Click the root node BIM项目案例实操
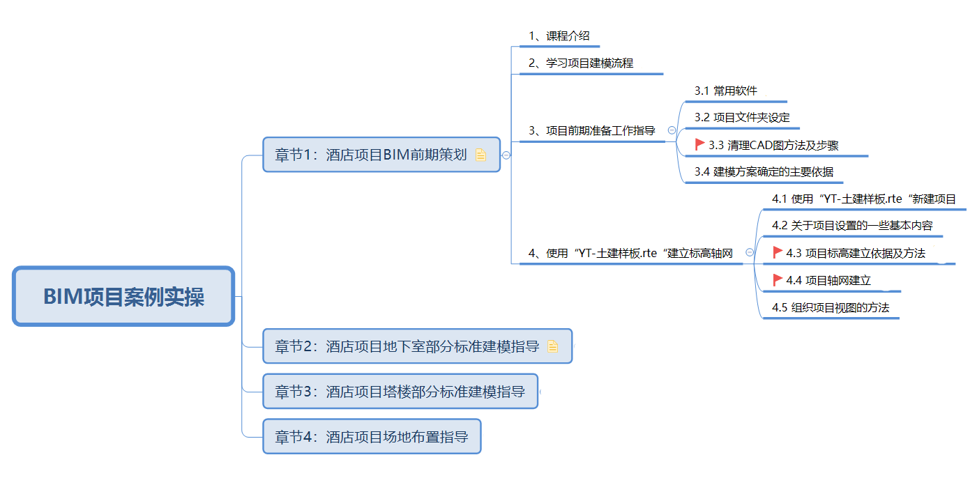pos(123,296)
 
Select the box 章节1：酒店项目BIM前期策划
pos(381,155)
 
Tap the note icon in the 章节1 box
pos(480,155)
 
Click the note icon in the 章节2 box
pos(552,346)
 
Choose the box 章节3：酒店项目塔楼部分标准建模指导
pos(400,391)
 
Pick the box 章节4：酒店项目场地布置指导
pos(372,436)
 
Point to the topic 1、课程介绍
pos(559,36)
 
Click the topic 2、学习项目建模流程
pos(581,63)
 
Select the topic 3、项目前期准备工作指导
pos(591,130)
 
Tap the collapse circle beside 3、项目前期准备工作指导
pos(672,130)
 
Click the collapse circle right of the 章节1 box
pos(506,155)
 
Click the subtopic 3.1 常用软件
pos(726,91)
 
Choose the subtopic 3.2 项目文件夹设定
pos(742,118)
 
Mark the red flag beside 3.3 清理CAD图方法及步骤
pos(699,144)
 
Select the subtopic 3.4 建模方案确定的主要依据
pos(764,171)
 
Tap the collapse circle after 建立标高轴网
pos(750,252)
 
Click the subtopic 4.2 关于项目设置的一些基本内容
pos(852,225)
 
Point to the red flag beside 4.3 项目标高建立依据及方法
pos(778,252)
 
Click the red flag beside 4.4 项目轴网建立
pos(778,279)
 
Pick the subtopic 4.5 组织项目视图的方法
pos(831,307)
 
